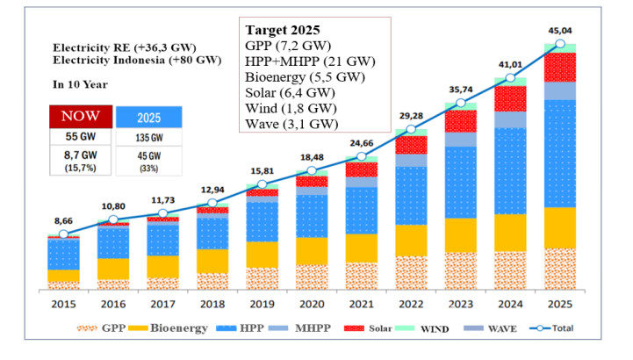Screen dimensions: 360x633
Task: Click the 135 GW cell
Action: [148, 137]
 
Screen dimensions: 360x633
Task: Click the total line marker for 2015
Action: [63, 234]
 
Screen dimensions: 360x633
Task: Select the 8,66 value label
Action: [63, 221]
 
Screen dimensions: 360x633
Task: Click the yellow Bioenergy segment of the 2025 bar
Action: [560, 227]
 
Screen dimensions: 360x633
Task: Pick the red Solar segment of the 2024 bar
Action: [510, 98]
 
